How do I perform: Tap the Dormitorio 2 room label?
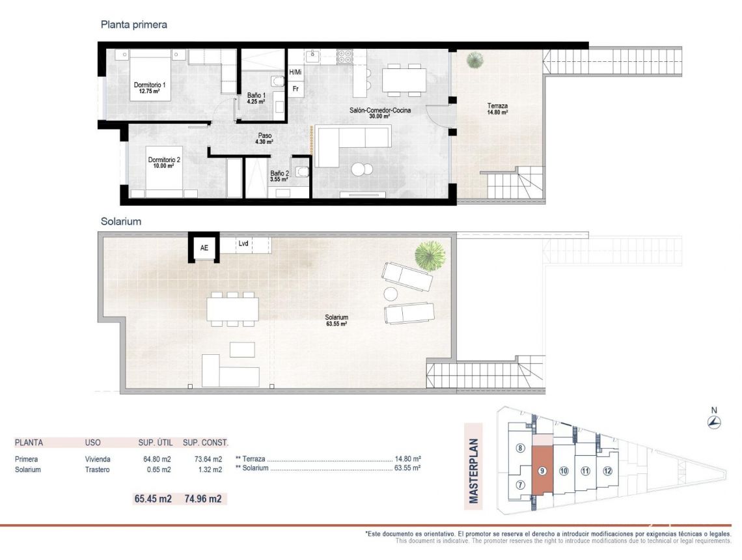click(x=163, y=163)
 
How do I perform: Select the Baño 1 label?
click(x=255, y=98)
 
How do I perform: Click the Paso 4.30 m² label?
click(x=264, y=139)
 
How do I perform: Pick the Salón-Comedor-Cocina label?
click(x=379, y=113)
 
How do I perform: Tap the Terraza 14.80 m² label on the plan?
click(x=497, y=109)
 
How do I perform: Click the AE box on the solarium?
click(x=204, y=248)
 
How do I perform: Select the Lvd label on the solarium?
click(x=243, y=244)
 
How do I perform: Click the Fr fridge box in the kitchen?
click(x=295, y=88)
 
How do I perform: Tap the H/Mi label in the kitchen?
click(x=295, y=72)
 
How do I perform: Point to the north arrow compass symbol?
click(x=714, y=422)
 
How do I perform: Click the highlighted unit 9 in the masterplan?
click(x=542, y=470)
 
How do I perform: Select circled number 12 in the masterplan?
click(x=607, y=471)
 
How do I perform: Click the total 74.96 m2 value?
click(x=202, y=499)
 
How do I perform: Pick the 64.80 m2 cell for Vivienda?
click(x=157, y=459)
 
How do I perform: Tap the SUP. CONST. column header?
click(x=206, y=443)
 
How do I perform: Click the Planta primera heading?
click(x=133, y=25)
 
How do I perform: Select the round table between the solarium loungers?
click(x=391, y=294)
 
